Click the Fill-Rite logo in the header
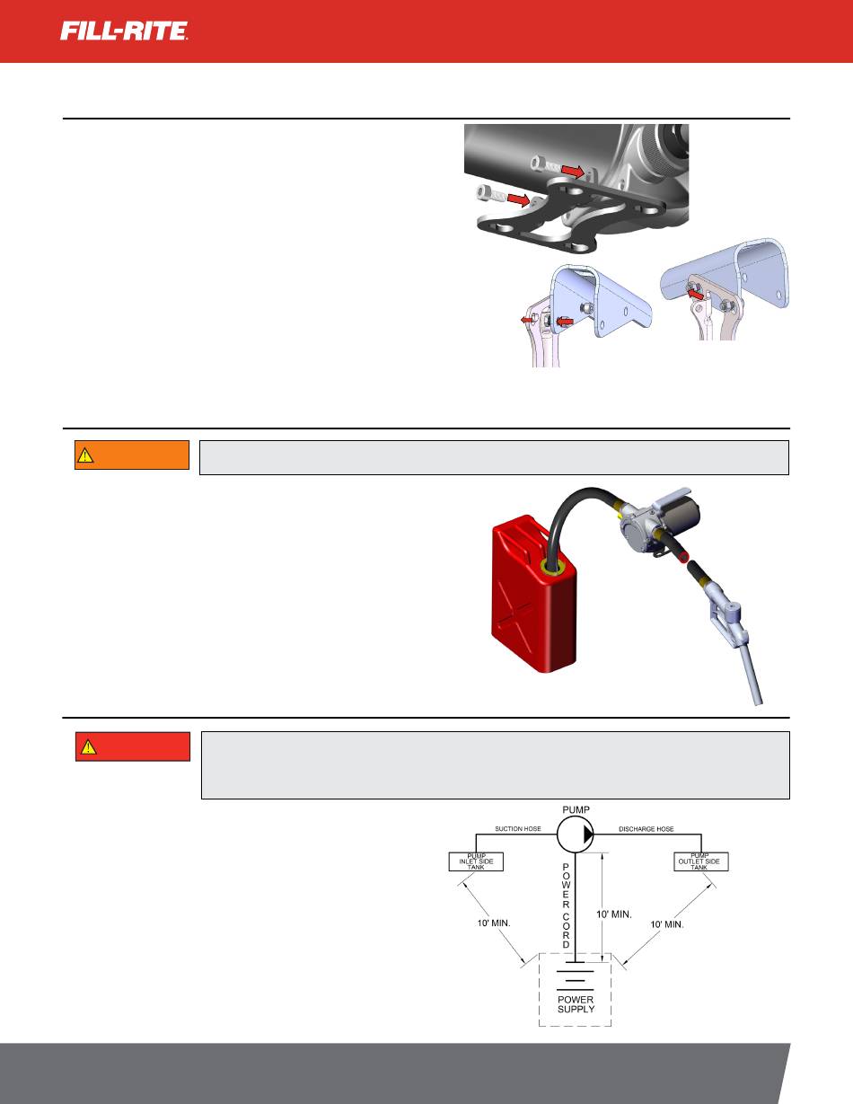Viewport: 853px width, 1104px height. point(125,31)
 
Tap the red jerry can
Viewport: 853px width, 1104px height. point(534,595)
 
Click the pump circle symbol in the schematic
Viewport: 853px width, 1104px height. point(576,835)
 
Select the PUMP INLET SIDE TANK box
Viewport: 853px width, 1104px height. point(476,861)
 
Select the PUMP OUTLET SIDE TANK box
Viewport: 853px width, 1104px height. point(700,861)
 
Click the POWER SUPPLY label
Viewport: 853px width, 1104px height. point(576,1004)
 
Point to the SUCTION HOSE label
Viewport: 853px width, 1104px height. point(518,828)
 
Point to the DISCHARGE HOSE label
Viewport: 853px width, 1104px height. point(646,828)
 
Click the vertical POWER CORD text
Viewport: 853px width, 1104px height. point(566,905)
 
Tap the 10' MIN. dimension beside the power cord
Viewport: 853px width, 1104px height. point(614,914)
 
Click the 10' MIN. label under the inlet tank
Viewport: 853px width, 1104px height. point(494,923)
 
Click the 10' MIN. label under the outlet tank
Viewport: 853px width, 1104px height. point(666,924)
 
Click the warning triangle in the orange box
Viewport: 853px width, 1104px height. point(84,455)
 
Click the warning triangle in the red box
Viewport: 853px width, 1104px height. point(88,746)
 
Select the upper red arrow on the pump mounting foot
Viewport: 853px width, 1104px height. point(573,172)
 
